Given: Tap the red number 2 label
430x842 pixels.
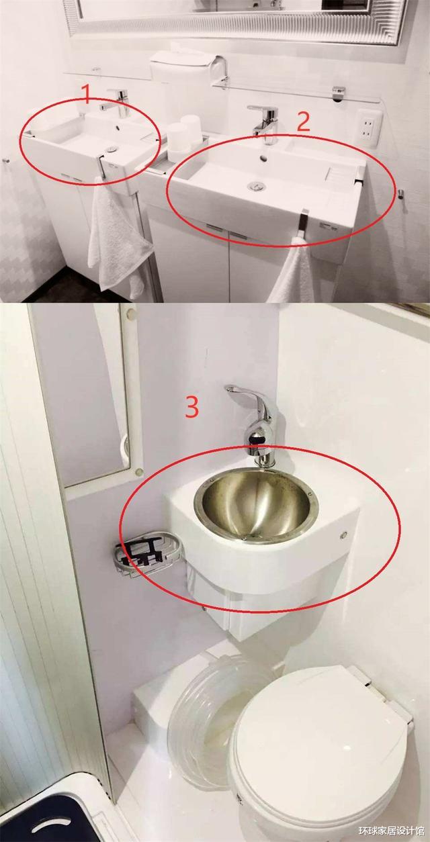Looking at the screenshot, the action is (x=304, y=121).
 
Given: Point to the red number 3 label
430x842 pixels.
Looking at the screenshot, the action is (x=192, y=407).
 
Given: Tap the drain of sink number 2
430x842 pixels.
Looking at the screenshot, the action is (x=256, y=185).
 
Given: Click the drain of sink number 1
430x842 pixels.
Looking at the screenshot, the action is (x=111, y=149).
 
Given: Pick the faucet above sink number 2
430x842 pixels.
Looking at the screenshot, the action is (x=264, y=123).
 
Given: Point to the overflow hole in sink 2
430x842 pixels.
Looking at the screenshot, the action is (x=264, y=159).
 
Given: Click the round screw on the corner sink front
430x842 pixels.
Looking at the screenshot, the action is (x=343, y=534).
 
